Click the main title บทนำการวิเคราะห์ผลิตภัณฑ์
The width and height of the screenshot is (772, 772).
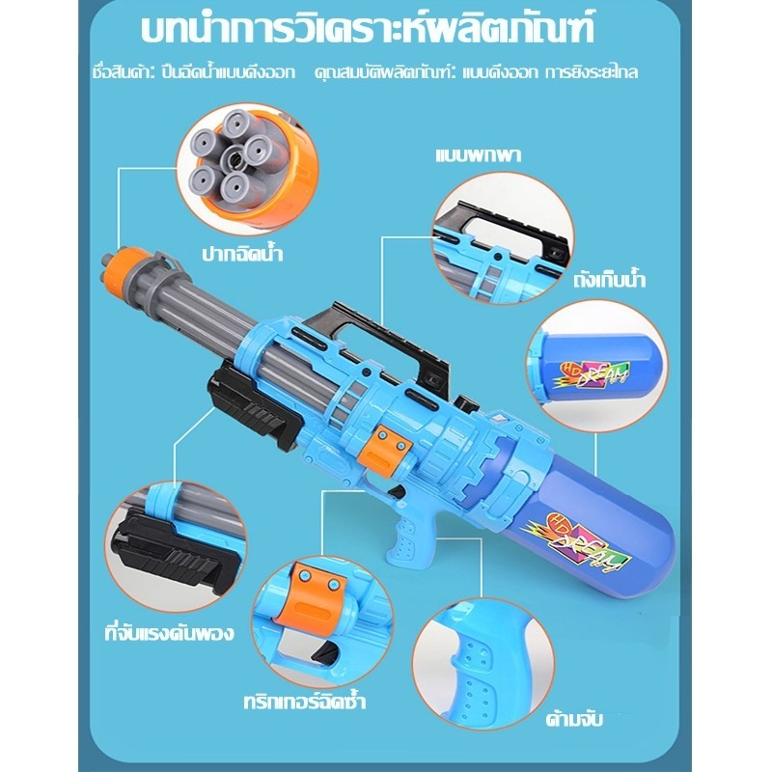tap(368, 29)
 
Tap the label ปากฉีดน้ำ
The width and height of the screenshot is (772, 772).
tap(242, 254)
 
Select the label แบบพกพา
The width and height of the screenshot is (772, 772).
tap(478, 155)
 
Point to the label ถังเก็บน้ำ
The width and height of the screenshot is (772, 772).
tap(609, 279)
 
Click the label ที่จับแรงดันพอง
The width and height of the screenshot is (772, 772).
tap(169, 633)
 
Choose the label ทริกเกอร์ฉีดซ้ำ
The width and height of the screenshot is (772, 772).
tap(305, 702)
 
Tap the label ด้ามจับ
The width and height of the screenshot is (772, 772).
tap(574, 719)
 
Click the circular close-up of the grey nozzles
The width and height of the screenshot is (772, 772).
tap(248, 168)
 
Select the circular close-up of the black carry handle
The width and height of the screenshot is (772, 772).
tap(503, 238)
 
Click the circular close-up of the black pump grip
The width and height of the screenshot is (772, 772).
tap(176, 546)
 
